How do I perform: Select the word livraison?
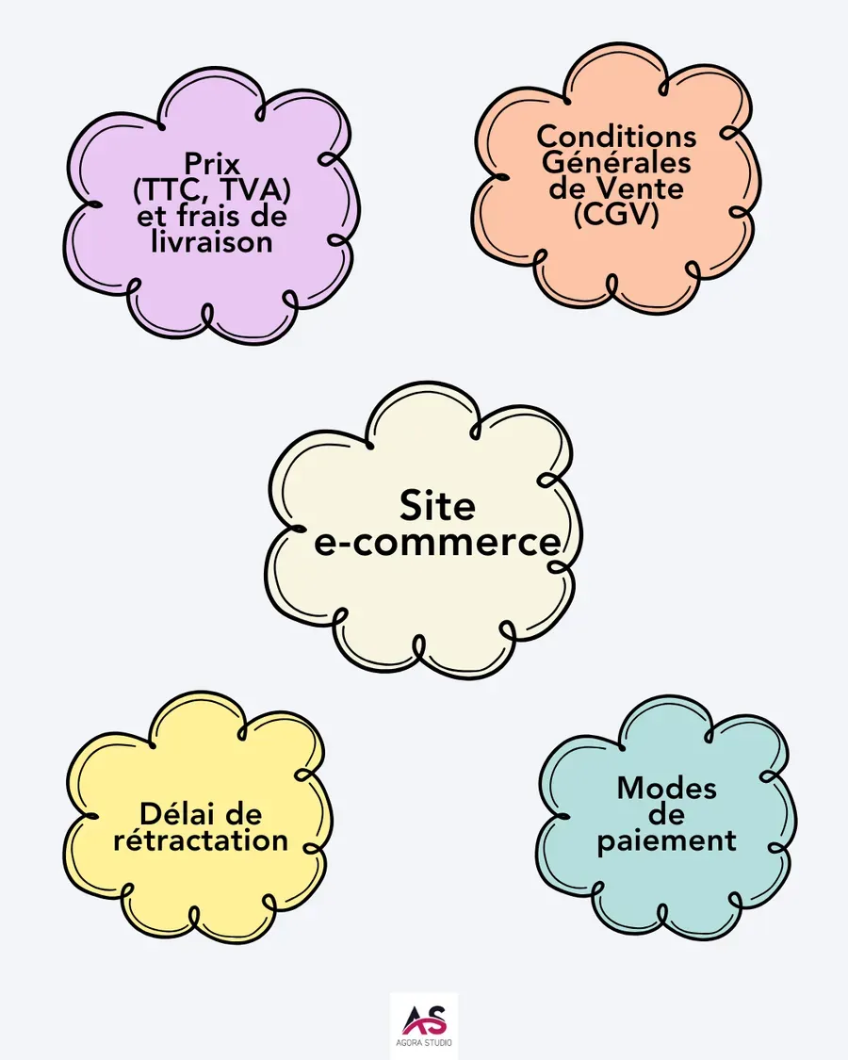pyautogui.click(x=212, y=241)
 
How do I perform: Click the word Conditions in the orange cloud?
pyautogui.click(x=617, y=137)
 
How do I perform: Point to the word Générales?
pyautogui.click(x=617, y=162)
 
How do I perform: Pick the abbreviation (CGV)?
pyautogui.click(x=617, y=214)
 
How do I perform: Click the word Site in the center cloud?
pyautogui.click(x=437, y=506)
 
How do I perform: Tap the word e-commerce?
pyautogui.click(x=437, y=543)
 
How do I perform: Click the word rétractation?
pyautogui.click(x=201, y=840)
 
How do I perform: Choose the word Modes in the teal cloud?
pyautogui.click(x=666, y=789)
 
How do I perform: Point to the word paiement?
pyautogui.click(x=666, y=840)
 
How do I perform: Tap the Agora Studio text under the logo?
pyautogui.click(x=424, y=1044)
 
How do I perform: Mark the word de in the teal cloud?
pyautogui.click(x=666, y=814)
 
